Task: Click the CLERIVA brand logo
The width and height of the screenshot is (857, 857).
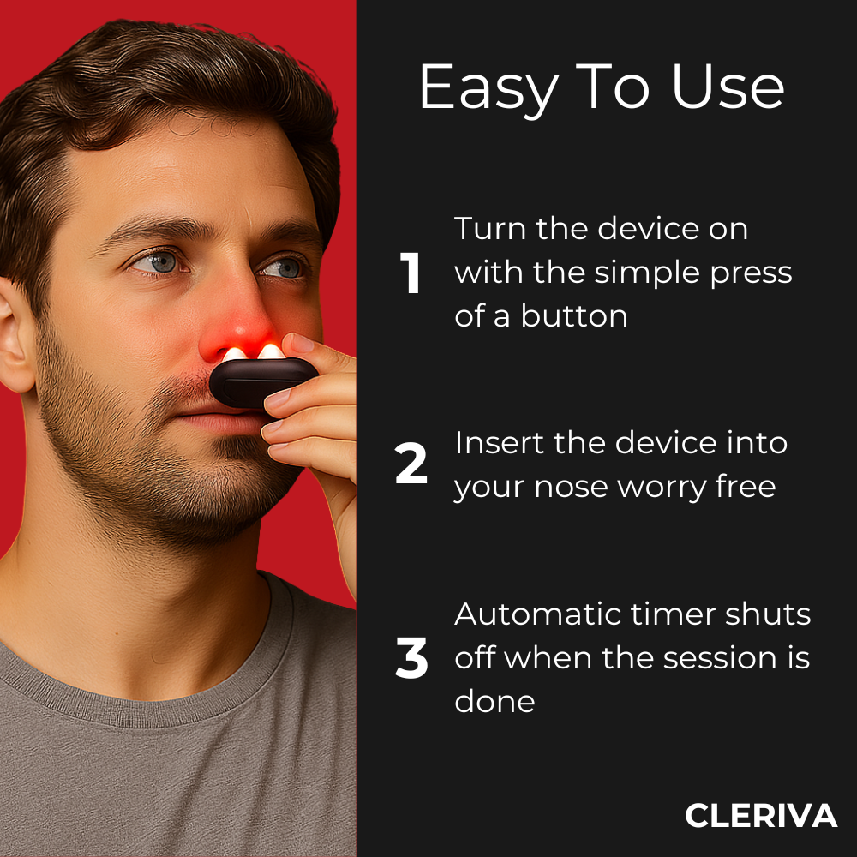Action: (x=761, y=816)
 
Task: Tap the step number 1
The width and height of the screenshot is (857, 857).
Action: (x=410, y=273)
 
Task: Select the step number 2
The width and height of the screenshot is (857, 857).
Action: (x=411, y=463)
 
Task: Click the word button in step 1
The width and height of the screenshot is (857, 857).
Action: (x=574, y=316)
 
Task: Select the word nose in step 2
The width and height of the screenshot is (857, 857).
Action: (x=571, y=488)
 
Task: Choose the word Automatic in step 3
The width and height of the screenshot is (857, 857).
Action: (x=538, y=614)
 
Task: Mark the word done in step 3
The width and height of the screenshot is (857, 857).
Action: (x=494, y=701)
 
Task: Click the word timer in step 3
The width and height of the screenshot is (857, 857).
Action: (x=674, y=614)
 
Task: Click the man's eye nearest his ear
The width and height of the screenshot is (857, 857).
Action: (x=159, y=263)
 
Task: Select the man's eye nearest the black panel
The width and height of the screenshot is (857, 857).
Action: (x=285, y=267)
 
